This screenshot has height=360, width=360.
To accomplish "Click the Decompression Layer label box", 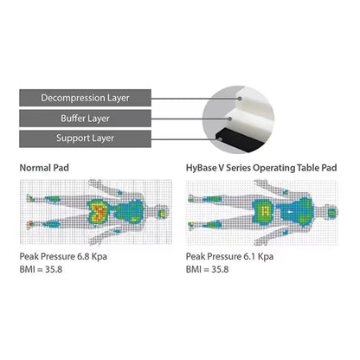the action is coord(85,98).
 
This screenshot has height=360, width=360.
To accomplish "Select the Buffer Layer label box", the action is coord(85,119).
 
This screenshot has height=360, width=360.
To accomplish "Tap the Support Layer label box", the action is coord(85,138).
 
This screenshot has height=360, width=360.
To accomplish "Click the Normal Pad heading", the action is coord(44,168).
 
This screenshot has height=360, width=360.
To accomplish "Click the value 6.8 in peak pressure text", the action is coord(83,256).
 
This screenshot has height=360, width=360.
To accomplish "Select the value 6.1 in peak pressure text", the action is coord(249,256).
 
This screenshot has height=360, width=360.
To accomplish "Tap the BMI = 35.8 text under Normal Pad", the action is coord(41,269).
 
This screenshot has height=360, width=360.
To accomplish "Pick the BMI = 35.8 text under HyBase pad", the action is coord(208,269).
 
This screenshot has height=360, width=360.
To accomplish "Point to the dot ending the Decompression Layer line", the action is coord(240,99).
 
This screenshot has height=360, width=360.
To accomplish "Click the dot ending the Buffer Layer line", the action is coord(230,119).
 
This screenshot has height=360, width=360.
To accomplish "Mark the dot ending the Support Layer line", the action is coord(220,139).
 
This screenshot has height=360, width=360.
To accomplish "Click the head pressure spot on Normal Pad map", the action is coord(163,214).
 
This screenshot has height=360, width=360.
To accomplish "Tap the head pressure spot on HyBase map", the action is coord(331,213).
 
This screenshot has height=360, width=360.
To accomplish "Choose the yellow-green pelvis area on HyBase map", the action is coord(265,211).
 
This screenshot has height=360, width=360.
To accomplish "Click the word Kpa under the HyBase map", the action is coord(266,256).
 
